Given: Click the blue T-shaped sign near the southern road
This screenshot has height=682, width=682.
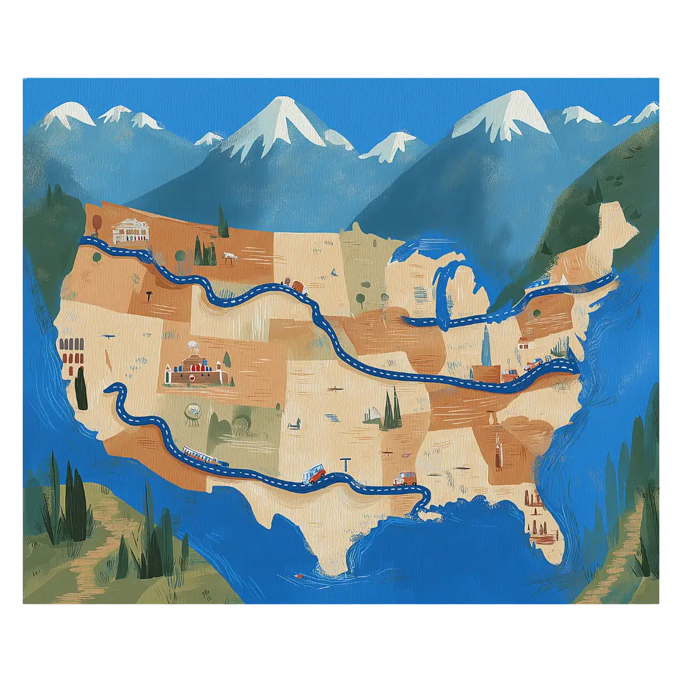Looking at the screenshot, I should click(x=345, y=464).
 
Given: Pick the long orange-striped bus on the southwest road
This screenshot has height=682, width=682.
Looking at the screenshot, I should click(x=203, y=456).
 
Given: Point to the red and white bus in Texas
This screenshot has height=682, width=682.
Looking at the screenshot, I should click(x=314, y=474).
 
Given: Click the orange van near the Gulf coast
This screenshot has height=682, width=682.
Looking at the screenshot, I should click(x=405, y=479).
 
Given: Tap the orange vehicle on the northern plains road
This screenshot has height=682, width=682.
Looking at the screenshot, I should click(x=294, y=285).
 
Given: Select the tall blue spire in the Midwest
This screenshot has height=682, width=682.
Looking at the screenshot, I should click(x=486, y=344).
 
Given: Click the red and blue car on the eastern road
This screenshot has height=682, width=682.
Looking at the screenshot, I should click(x=534, y=364).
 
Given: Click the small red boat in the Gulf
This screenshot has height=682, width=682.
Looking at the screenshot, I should click(x=297, y=577).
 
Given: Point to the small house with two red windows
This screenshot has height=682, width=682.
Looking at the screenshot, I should click(x=523, y=344).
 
